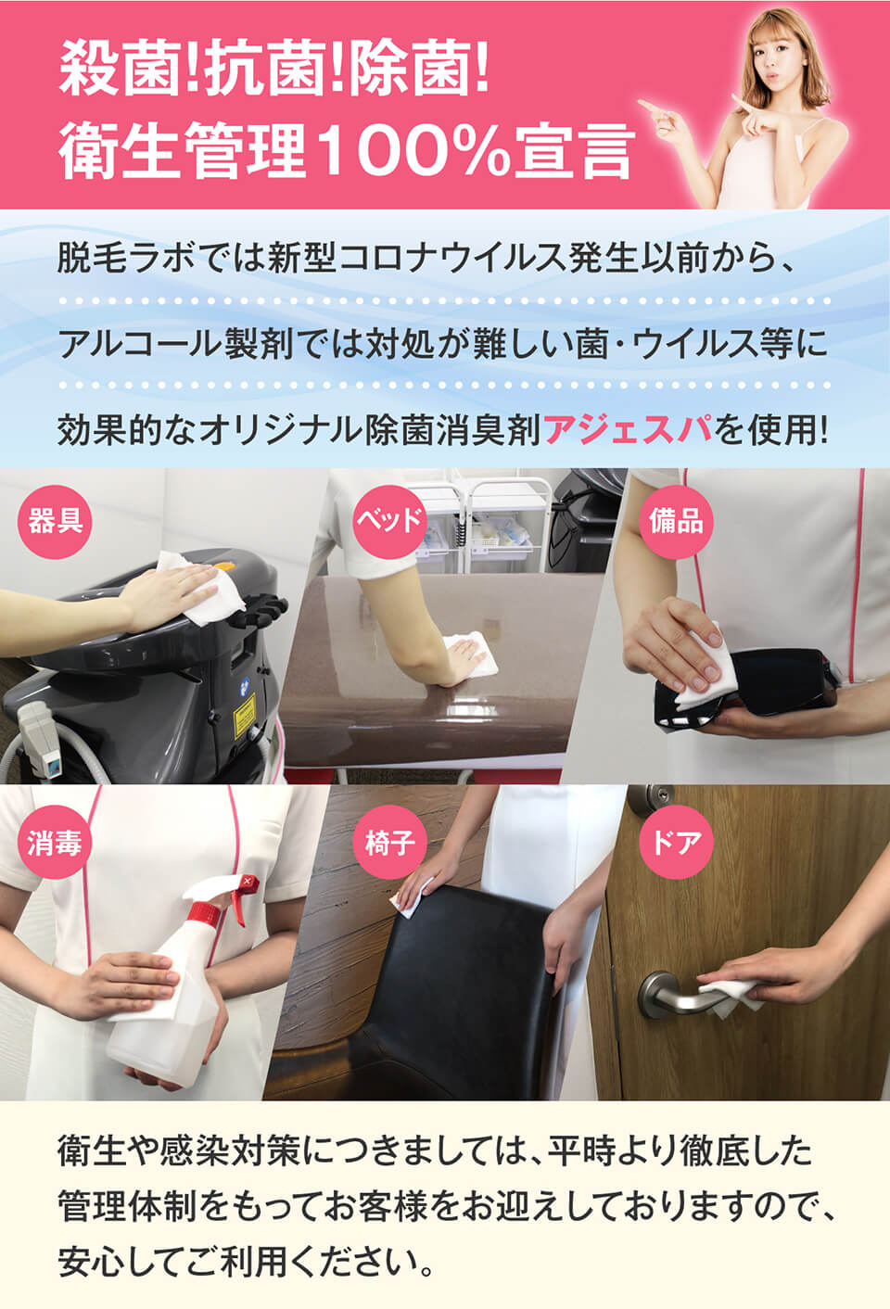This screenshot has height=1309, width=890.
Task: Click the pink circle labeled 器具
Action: tap(55, 521)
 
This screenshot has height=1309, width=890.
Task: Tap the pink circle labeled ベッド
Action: tap(389, 521)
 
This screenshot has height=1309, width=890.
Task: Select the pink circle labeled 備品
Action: tap(676, 521)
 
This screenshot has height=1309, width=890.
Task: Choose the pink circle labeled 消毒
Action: tap(55, 842)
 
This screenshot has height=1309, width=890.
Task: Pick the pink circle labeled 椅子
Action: tap(389, 842)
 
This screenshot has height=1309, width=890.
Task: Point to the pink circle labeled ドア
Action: tap(676, 842)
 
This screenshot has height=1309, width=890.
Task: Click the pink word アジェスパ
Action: tap(629, 429)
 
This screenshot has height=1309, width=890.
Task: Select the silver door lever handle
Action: tap(672, 995)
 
